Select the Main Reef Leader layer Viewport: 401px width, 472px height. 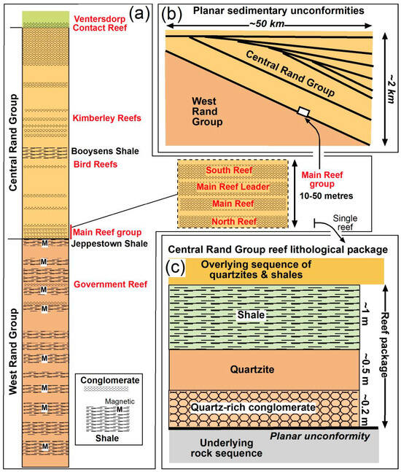point(227,187)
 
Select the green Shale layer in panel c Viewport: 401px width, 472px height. point(264,316)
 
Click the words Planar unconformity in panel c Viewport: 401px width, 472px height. point(317,435)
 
